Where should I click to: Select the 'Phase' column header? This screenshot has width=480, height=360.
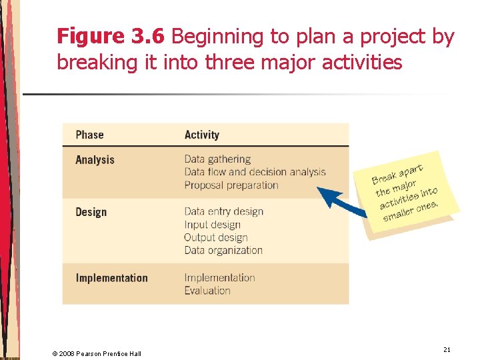89,135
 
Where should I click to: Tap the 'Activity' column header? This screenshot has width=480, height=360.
201,135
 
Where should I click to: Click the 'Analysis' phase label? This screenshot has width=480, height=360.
95,160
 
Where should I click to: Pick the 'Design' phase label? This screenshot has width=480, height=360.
91,212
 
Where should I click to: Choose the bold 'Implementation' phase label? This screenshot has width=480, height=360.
111,278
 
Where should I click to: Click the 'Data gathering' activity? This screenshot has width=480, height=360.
217,159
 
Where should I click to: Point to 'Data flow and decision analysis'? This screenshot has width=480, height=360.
255,172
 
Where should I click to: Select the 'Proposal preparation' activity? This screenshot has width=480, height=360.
231,185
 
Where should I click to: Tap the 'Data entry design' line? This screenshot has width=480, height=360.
223,211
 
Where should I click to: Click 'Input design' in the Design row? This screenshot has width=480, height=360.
212,225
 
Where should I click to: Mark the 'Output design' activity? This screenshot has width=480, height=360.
215,237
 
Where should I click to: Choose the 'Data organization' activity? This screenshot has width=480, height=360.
223,251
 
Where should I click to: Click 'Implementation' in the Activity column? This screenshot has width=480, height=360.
219,277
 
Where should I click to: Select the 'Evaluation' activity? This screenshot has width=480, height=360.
207,291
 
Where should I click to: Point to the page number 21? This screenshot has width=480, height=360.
446,349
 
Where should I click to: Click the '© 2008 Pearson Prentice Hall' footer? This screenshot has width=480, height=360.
97,353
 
